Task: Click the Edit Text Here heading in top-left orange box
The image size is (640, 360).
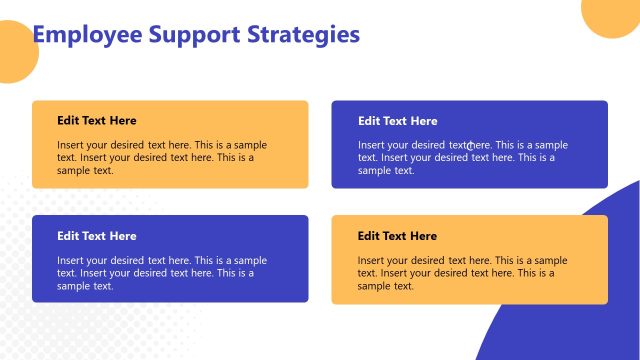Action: coord(97,121)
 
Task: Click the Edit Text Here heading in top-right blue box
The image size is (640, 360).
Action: coord(397,121)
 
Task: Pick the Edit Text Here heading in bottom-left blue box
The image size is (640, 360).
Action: coord(97,236)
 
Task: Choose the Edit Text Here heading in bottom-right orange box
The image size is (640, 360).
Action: coord(397,236)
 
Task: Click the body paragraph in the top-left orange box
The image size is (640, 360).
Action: coord(162,157)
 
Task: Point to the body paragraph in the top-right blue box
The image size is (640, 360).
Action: coord(462,157)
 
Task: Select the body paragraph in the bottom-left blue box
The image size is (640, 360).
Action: coord(162,272)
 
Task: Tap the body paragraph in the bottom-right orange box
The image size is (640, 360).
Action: coord(462,272)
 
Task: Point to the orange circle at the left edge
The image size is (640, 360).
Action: coord(12,55)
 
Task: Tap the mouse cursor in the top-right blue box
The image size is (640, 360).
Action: coord(470,146)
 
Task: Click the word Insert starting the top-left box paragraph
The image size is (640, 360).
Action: coord(71,145)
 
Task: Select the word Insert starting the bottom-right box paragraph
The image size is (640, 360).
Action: coord(371,260)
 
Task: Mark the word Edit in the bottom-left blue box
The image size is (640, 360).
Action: coord(68,236)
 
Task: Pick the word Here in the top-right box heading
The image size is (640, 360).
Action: coord(424,121)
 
